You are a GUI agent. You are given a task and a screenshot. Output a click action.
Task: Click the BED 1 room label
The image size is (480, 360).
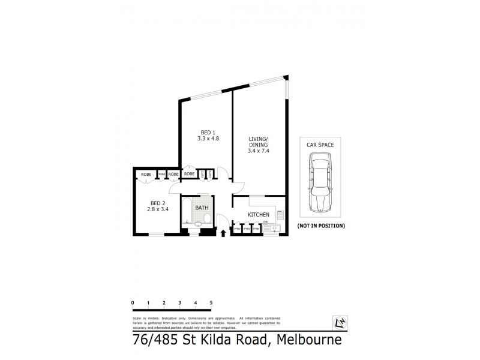[206, 132]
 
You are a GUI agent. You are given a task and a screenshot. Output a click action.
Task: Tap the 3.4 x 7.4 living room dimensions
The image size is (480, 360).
[259, 151]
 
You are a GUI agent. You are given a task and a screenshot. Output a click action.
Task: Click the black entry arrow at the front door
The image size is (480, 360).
[224, 233]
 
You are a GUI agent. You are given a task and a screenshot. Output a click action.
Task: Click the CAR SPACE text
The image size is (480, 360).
[321, 145]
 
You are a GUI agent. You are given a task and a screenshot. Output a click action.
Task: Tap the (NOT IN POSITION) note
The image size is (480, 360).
[321, 226]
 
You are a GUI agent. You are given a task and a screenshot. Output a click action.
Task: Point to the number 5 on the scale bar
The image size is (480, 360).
[211, 302]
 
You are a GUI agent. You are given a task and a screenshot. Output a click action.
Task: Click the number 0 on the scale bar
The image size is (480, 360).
[132, 302]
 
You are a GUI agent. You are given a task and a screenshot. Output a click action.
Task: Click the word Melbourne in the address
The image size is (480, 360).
[310, 341]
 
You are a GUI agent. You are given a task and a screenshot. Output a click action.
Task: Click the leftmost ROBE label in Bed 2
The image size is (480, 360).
[146, 174]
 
